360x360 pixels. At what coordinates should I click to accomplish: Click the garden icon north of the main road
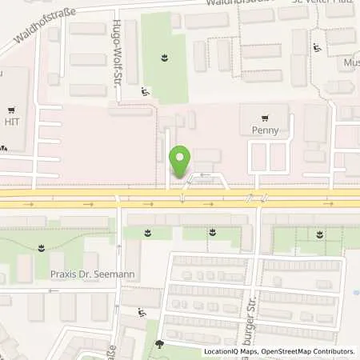164,57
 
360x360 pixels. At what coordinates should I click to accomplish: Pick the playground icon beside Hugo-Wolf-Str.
144,92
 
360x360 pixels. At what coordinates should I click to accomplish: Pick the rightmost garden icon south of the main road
320,234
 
